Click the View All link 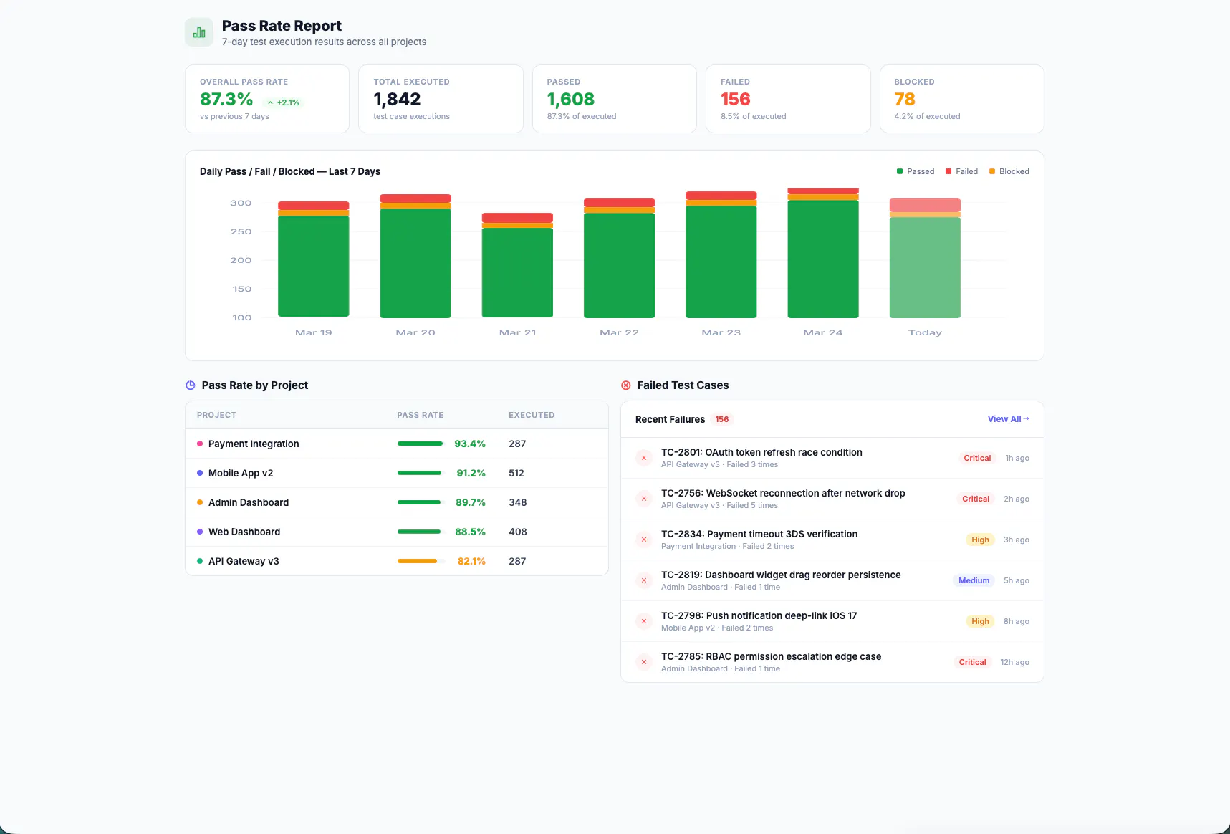(x=1008, y=419)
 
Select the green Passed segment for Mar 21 (x=517, y=272)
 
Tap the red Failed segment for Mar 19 (x=313, y=206)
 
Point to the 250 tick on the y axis (x=241, y=231)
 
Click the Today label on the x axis (x=925, y=332)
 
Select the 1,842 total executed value (x=397, y=99)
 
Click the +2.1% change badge (x=284, y=102)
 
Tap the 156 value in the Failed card (x=736, y=99)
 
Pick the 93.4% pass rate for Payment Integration (x=470, y=444)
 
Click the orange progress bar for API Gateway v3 (x=417, y=561)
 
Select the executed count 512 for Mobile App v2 (x=516, y=473)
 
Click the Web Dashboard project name (x=244, y=532)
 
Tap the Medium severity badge (x=974, y=580)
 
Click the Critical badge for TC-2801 (x=977, y=458)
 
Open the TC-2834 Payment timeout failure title (x=759, y=534)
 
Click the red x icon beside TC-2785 (x=644, y=662)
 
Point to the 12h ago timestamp (x=1014, y=662)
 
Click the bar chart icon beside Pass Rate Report (x=199, y=32)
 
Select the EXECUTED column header (x=532, y=415)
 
